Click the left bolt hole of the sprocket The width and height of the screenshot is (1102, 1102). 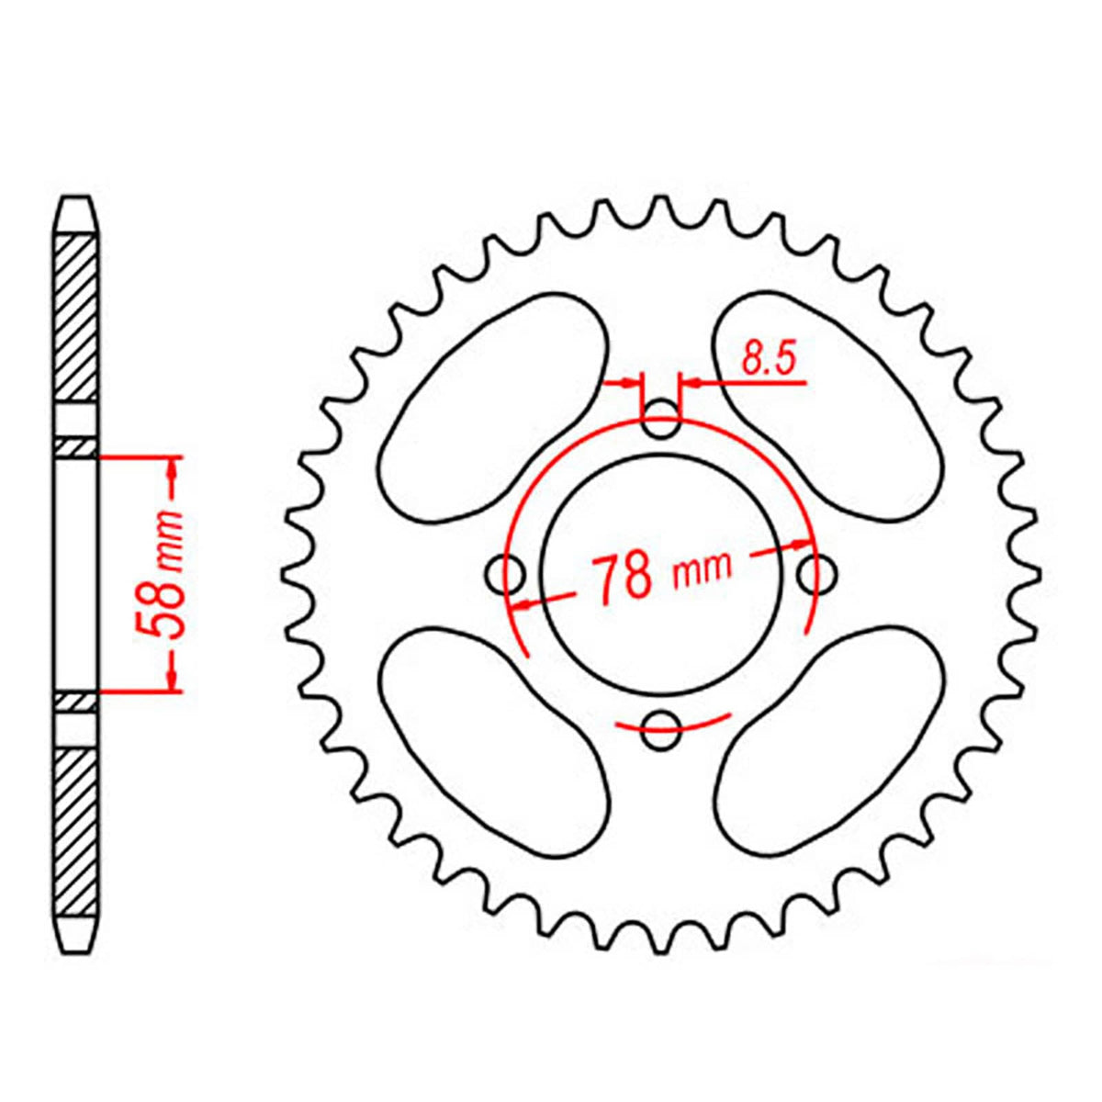(504, 576)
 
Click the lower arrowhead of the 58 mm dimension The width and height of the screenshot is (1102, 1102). (172, 679)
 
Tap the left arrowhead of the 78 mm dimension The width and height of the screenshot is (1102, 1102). (523, 604)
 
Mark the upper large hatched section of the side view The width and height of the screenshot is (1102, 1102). (75, 317)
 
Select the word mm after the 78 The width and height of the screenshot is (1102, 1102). (703, 569)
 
